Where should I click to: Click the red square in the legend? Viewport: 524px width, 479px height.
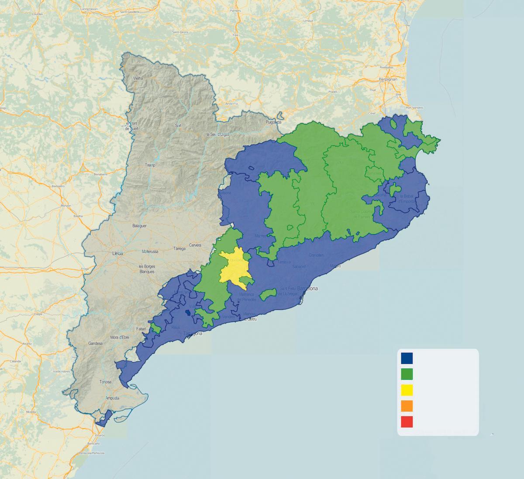(x=407, y=422)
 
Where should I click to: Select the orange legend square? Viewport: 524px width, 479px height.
(x=407, y=406)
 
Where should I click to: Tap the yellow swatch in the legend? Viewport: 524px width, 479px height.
(x=407, y=390)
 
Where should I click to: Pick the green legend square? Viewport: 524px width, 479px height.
(x=407, y=374)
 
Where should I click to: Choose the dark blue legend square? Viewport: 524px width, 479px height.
(x=407, y=358)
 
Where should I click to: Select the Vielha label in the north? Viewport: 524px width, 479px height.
(x=138, y=78)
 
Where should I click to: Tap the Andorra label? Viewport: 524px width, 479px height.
(x=231, y=104)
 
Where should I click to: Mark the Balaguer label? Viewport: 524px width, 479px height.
(x=139, y=226)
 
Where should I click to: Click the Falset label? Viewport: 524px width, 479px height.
(x=141, y=329)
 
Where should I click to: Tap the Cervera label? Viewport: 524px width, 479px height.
(x=195, y=245)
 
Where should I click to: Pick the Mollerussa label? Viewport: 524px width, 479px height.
(x=149, y=252)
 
